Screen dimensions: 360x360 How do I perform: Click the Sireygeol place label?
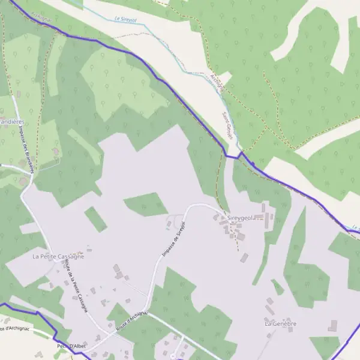[x=239, y=218]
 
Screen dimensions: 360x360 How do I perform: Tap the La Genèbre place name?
[x=281, y=323]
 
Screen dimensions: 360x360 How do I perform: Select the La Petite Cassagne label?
[x=58, y=256]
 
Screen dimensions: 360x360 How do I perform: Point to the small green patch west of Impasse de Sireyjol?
[x=146, y=205]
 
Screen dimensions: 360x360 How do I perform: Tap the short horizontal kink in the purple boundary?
[x=232, y=157]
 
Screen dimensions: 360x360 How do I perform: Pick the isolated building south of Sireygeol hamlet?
[x=244, y=258]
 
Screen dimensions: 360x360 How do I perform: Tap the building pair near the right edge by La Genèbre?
[x=333, y=326]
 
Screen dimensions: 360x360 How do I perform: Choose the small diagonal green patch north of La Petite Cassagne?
[x=95, y=219]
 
